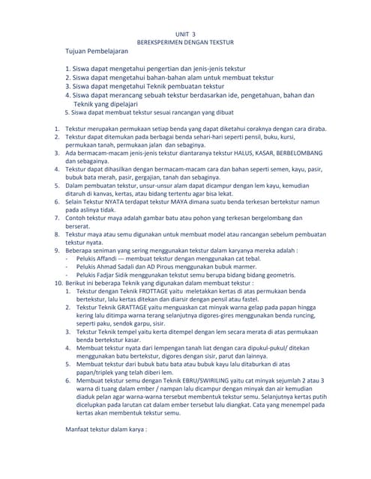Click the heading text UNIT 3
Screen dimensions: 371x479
tap(185, 34)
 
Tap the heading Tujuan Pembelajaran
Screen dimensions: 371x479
tap(97, 52)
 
